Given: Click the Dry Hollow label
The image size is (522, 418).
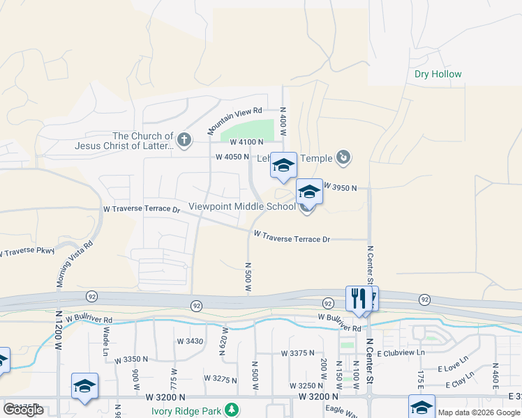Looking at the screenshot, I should pyautogui.click(x=438, y=74).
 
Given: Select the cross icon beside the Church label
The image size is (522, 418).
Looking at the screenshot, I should pyautogui.click(x=184, y=141).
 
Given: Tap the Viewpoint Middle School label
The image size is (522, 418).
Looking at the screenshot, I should pyautogui.click(x=242, y=207).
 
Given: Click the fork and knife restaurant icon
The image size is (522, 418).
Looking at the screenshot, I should pyautogui.click(x=358, y=298).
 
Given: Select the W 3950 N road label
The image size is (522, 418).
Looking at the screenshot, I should pyautogui.click(x=340, y=188).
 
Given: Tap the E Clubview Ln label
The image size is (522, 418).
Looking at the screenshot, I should pyautogui.click(x=401, y=353).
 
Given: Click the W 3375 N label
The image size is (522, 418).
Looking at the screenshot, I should pyautogui.click(x=299, y=353).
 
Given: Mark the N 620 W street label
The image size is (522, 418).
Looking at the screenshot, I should pyautogui.click(x=225, y=341).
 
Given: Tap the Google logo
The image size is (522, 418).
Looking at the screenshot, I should pyautogui.click(x=23, y=410).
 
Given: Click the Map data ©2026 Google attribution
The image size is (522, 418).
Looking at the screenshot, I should pyautogui.click(x=479, y=412).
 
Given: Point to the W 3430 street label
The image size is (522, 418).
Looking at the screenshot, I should pyautogui.click(x=190, y=341).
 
